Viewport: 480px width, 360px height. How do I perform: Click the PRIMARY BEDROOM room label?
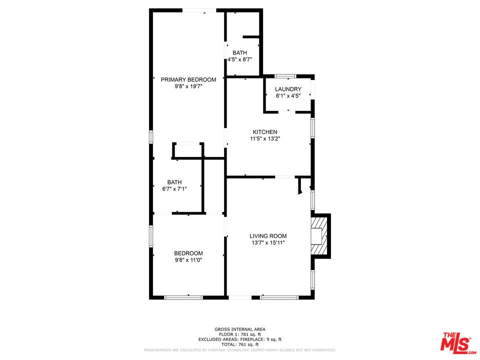188,79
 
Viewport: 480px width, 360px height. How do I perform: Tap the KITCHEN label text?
264,132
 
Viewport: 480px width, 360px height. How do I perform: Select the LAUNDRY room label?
288,89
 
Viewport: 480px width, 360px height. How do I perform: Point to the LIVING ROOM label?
268,236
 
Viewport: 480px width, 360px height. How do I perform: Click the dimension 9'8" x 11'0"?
188,260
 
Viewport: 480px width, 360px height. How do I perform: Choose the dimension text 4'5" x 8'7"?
239,59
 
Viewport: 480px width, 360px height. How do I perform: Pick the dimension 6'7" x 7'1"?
174,189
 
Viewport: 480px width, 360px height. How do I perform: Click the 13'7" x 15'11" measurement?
268,243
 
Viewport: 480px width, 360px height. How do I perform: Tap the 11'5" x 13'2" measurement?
264,139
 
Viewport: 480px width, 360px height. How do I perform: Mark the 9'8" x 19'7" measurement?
188,86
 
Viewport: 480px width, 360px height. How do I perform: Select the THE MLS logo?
456,342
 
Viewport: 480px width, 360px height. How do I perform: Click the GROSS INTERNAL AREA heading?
240,329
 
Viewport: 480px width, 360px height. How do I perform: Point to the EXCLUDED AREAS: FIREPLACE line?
240,339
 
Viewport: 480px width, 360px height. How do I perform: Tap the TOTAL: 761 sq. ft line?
240,344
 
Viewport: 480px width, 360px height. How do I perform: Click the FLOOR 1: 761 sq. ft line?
240,334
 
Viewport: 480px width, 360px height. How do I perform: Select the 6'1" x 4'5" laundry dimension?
288,96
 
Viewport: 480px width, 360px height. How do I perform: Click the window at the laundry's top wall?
285,76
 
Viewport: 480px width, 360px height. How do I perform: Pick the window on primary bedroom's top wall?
199,10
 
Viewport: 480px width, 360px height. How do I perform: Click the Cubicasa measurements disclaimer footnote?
240,350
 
